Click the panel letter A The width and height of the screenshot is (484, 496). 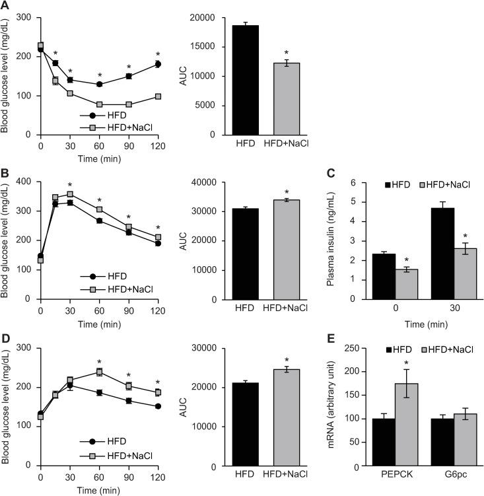pyautogui.click(x=5, y=6)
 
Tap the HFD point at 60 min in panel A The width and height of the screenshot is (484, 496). pyautogui.click(x=99, y=84)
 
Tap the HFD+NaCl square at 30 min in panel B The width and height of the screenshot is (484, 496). pyautogui.click(x=70, y=195)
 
